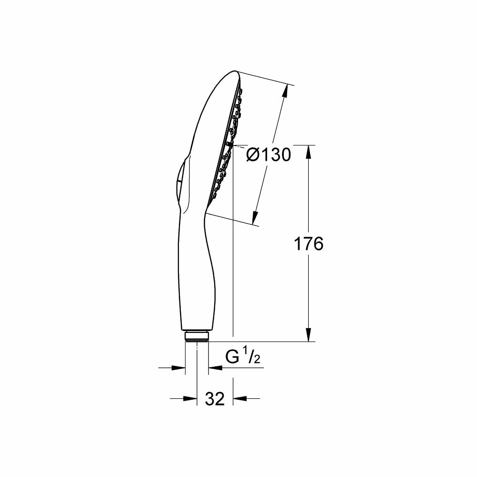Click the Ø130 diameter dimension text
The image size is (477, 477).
[269, 155]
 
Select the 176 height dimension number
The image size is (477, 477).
[308, 244]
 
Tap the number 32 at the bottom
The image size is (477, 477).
[215, 399]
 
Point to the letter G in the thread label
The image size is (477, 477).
[233, 357]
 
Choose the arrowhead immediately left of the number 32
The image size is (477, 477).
[192, 398]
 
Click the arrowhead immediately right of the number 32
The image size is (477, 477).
[238, 398]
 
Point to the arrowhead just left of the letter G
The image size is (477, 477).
[214, 367]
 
